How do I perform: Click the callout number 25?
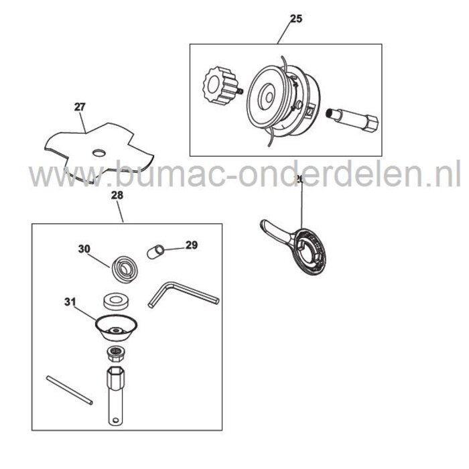[296, 19]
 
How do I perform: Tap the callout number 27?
[80, 106]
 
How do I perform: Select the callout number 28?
[117, 196]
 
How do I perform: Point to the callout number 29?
[192, 246]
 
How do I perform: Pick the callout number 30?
[84, 249]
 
